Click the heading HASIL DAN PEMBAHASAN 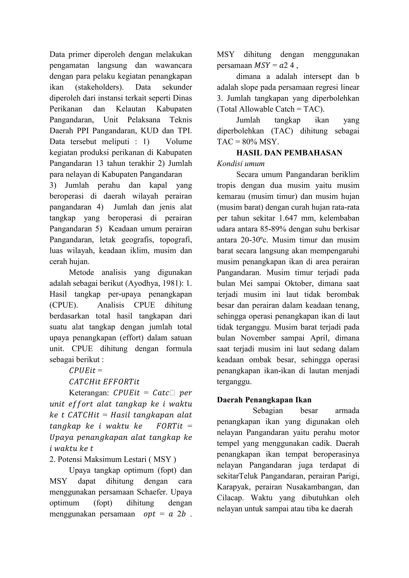pos(289,153)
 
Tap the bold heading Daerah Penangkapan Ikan pos(264,400)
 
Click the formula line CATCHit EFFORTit pos(104,382)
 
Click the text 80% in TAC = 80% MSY pos(249,142)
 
